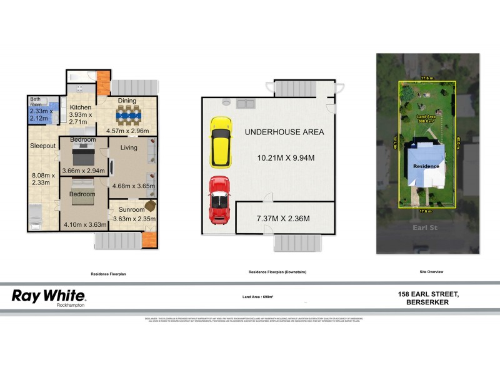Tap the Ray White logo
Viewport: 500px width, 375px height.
point(49,296)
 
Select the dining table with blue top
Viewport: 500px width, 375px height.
point(129,115)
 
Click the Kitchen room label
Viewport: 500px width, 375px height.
point(81,107)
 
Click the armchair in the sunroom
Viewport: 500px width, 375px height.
point(150,206)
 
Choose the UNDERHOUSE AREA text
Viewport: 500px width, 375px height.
point(284,132)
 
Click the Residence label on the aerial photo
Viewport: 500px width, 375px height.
point(425,166)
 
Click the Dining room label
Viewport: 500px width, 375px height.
point(127,101)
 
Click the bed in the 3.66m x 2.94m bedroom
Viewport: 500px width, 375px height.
point(84,153)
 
